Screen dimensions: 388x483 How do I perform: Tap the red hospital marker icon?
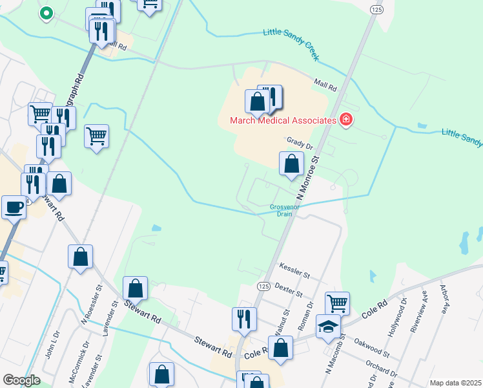pyautogui.click(x=346, y=120)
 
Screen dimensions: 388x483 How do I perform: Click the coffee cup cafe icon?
pyautogui.click(x=14, y=207)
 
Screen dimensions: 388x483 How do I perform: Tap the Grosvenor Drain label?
pyautogui.click(x=285, y=211)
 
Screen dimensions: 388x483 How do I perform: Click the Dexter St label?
pyautogui.click(x=289, y=288)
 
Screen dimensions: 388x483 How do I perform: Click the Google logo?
pyautogui.click(x=21, y=380)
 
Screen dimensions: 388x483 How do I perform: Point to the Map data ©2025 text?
pyautogui.click(x=455, y=383)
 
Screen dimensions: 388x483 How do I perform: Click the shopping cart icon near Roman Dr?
pyautogui.click(x=338, y=303)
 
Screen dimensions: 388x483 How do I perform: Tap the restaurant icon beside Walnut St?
pyautogui.click(x=245, y=318)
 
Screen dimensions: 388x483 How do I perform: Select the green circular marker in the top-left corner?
pyautogui.click(x=46, y=12)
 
